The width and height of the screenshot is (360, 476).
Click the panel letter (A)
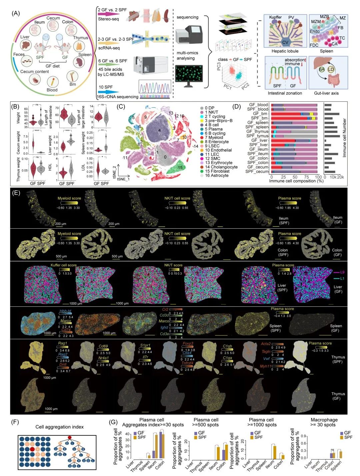(x=15, y=14)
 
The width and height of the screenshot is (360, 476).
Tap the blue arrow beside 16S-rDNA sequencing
(x=108, y=92)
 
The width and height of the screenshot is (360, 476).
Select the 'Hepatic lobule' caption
(x=285, y=51)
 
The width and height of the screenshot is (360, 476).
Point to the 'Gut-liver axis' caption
(x=326, y=93)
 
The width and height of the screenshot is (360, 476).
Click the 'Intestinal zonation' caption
(x=285, y=93)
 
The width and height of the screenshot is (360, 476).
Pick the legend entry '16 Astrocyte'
(x=216, y=175)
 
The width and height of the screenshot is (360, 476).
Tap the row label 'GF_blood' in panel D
(x=258, y=105)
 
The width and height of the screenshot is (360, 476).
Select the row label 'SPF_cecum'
(x=257, y=171)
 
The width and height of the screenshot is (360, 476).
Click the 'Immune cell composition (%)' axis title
(x=296, y=181)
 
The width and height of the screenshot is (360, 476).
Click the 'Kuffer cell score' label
(x=63, y=265)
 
